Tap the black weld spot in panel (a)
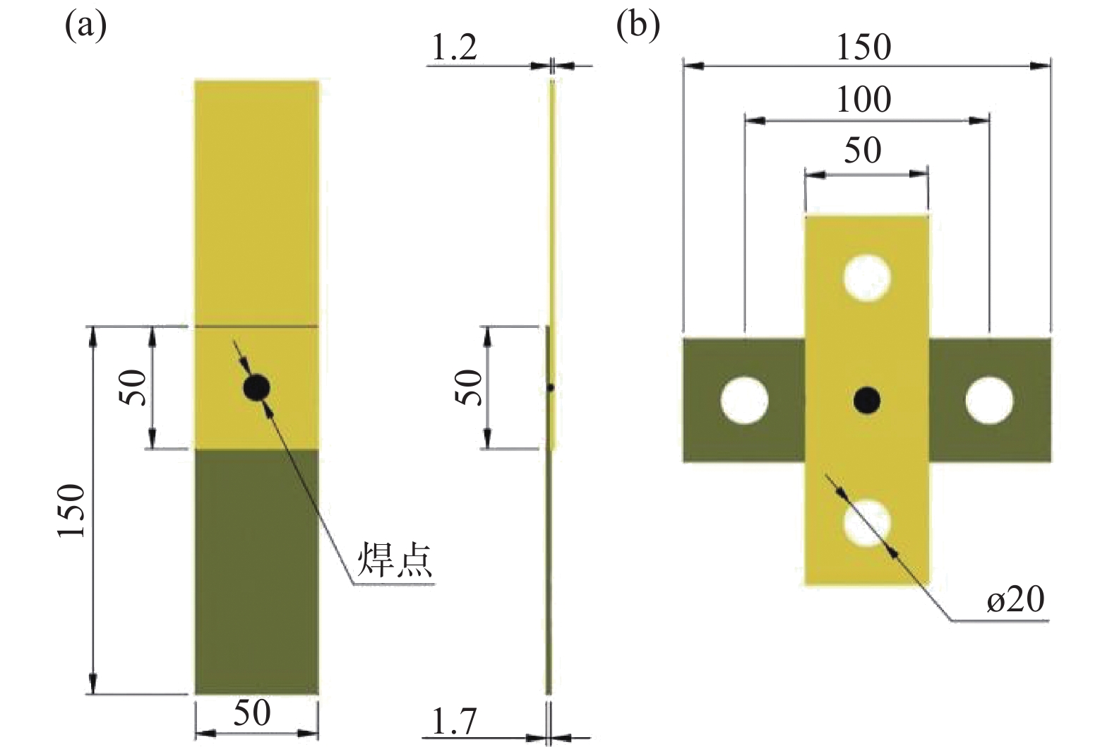coord(256,387)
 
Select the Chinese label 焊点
coord(394,560)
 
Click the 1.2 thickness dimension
coord(453,49)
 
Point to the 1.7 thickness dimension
coord(453,722)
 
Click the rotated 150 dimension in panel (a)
coord(72,510)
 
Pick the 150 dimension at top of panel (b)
coord(863,48)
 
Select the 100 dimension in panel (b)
coord(863,100)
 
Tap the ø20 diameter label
coord(1015,600)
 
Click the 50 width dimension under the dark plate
coord(253,714)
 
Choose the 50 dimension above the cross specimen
coord(863,151)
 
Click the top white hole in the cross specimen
coord(867,276)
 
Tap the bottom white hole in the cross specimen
coord(867,524)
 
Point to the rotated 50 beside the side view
coord(471,387)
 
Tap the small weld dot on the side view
coord(551,387)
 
